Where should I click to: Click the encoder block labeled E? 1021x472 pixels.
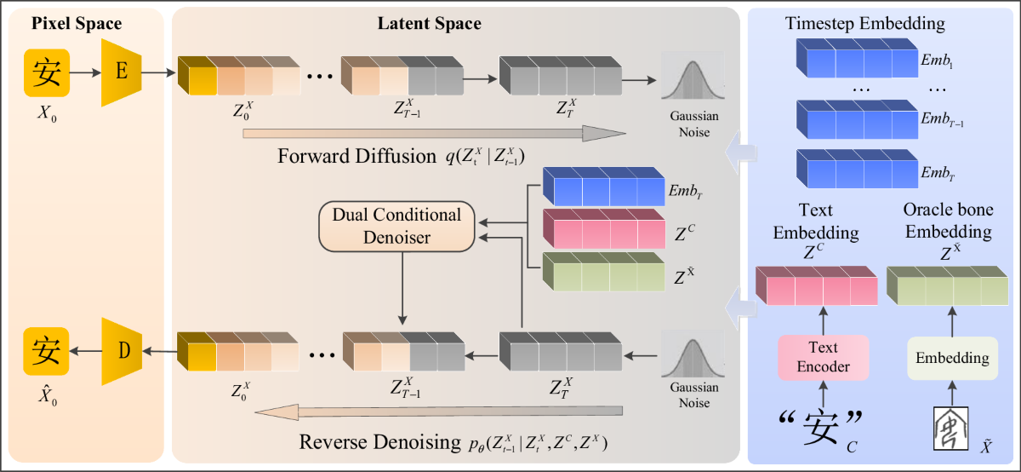121,72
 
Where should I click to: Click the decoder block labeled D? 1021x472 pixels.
121,349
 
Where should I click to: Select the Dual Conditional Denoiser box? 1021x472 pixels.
395,227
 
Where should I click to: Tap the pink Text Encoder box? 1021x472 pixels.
823,356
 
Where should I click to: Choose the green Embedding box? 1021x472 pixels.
952,358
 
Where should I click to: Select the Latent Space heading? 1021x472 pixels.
429,23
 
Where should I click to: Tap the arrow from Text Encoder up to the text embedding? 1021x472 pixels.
823,320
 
